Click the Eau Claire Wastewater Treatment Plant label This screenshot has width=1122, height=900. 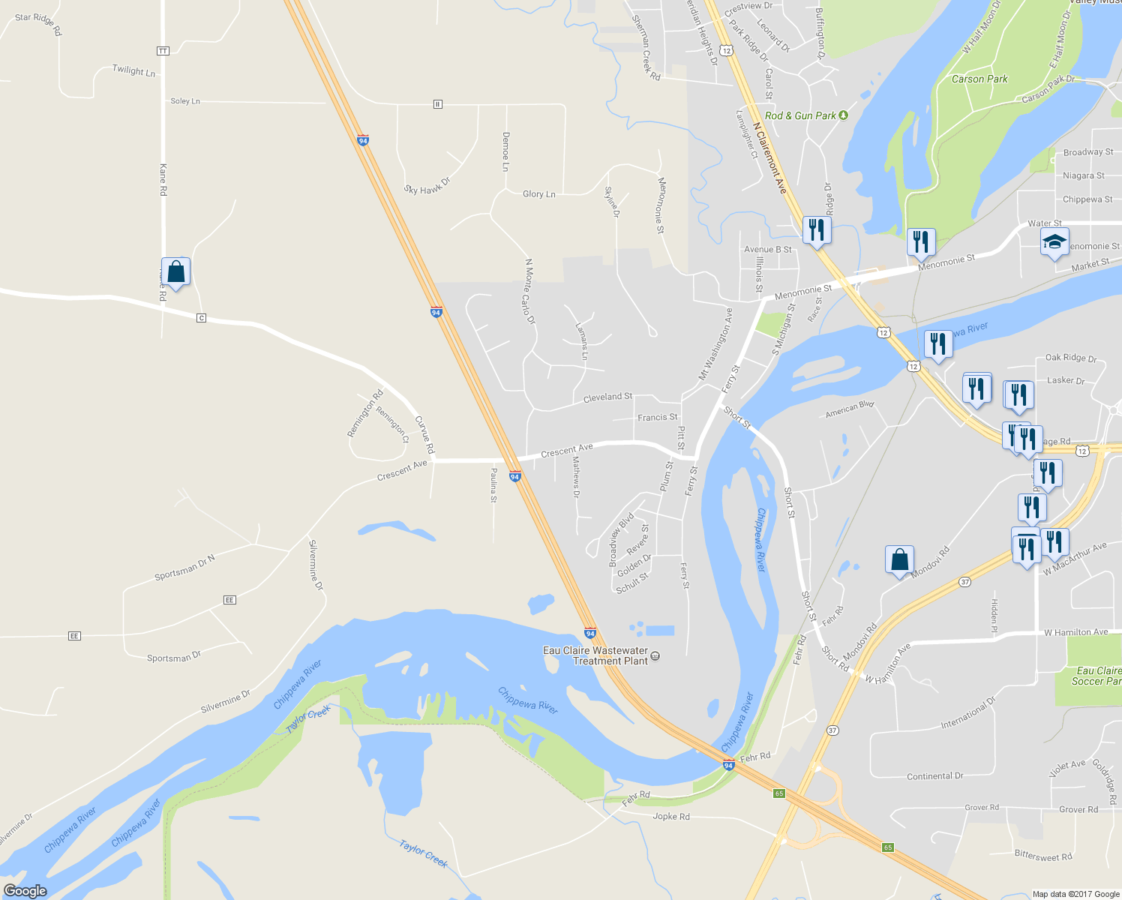[595, 655]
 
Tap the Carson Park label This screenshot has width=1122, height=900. [979, 79]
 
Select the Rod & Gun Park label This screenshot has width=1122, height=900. [800, 115]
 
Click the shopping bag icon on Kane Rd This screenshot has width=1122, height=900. [175, 271]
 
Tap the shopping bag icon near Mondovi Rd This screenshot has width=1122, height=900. [899, 559]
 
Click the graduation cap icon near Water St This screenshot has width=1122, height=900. [1054, 241]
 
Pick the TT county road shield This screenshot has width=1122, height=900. [163, 51]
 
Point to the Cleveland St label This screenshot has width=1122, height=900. [607, 397]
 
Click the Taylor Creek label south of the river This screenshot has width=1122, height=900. [423, 853]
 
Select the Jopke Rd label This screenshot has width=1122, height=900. [670, 817]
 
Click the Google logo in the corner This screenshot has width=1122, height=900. [25, 890]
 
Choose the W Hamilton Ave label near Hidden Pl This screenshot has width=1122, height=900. [1075, 632]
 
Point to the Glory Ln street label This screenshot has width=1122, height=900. [538, 194]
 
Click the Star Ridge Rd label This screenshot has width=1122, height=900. [38, 24]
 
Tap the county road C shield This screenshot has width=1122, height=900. [201, 318]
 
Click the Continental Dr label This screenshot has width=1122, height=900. [934, 776]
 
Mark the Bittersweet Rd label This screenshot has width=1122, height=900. [1042, 856]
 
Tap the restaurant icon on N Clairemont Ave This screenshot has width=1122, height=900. [816, 229]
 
